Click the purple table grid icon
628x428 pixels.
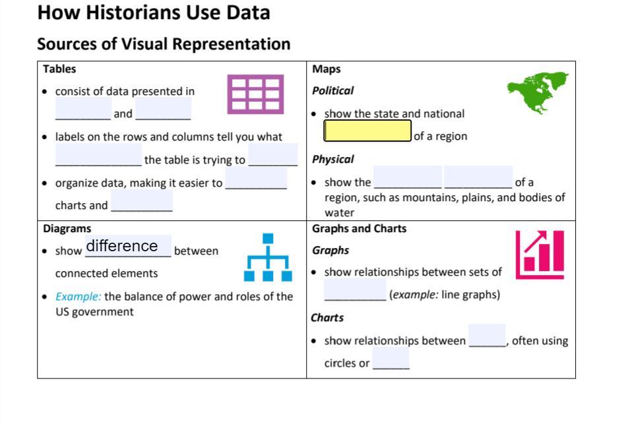[x=255, y=94]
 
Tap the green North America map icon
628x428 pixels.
[x=538, y=91]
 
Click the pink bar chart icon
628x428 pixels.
[x=540, y=254]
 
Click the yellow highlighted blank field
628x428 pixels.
[x=367, y=131]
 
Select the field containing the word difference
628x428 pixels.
[x=128, y=246]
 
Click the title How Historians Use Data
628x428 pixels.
[x=154, y=13]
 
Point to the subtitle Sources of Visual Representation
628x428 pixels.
[x=164, y=44]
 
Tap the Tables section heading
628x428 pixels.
[x=59, y=69]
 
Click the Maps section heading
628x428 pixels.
[x=327, y=69]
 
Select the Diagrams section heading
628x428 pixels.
[x=67, y=229]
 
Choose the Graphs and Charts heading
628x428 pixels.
[x=360, y=229]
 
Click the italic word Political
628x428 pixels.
[x=332, y=91]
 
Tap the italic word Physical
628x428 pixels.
[x=332, y=160]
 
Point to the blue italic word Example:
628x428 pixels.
[x=78, y=297]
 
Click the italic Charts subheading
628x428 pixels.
[x=327, y=318]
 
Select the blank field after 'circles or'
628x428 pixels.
[x=391, y=359]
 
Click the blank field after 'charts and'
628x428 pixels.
[x=142, y=200]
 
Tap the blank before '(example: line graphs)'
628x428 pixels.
[x=355, y=290]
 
